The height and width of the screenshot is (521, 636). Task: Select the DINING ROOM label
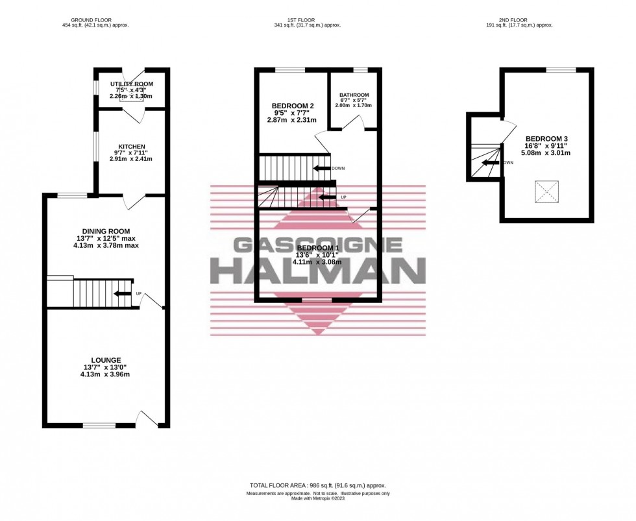coord(106,231)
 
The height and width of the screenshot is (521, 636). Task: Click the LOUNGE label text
coord(106,360)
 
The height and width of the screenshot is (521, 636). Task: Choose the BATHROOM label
coord(354,95)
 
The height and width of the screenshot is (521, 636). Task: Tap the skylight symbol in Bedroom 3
coord(546,191)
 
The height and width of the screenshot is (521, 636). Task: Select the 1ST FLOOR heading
coord(307,19)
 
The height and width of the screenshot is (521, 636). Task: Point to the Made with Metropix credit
coord(317,499)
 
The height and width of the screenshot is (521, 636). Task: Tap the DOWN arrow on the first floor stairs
coord(322,168)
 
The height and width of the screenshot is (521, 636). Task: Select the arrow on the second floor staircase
coord(493,163)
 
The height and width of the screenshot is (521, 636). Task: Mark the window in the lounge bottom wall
coord(98,426)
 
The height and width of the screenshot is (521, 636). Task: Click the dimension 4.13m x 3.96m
coord(106,374)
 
